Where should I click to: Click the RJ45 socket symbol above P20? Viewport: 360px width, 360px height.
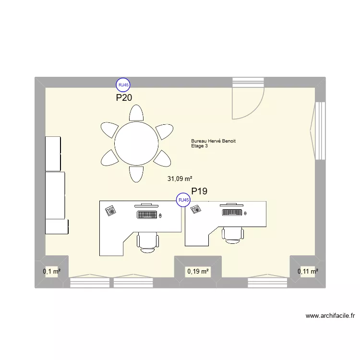pos(123,85)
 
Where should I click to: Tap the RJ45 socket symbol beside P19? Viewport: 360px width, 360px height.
pos(183,200)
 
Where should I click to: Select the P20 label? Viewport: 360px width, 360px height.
pos(124,98)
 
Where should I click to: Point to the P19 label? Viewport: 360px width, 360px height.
pos(199,192)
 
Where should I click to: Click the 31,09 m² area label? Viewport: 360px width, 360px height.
pos(180,179)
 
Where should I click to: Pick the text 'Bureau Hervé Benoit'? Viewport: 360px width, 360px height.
pos(213,141)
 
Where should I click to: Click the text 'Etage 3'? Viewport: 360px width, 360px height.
pos(200,146)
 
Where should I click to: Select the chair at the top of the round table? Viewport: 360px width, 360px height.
pos(136,113)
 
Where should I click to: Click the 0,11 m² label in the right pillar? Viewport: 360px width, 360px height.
pos(308,272)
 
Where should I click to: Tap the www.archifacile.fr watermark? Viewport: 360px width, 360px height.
pos(330,316)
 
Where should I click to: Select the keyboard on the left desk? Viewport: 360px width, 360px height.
pos(147,215)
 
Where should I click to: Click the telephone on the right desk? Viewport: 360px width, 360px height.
pos(195,209)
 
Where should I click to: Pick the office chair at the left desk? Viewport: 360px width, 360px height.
pos(147,241)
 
